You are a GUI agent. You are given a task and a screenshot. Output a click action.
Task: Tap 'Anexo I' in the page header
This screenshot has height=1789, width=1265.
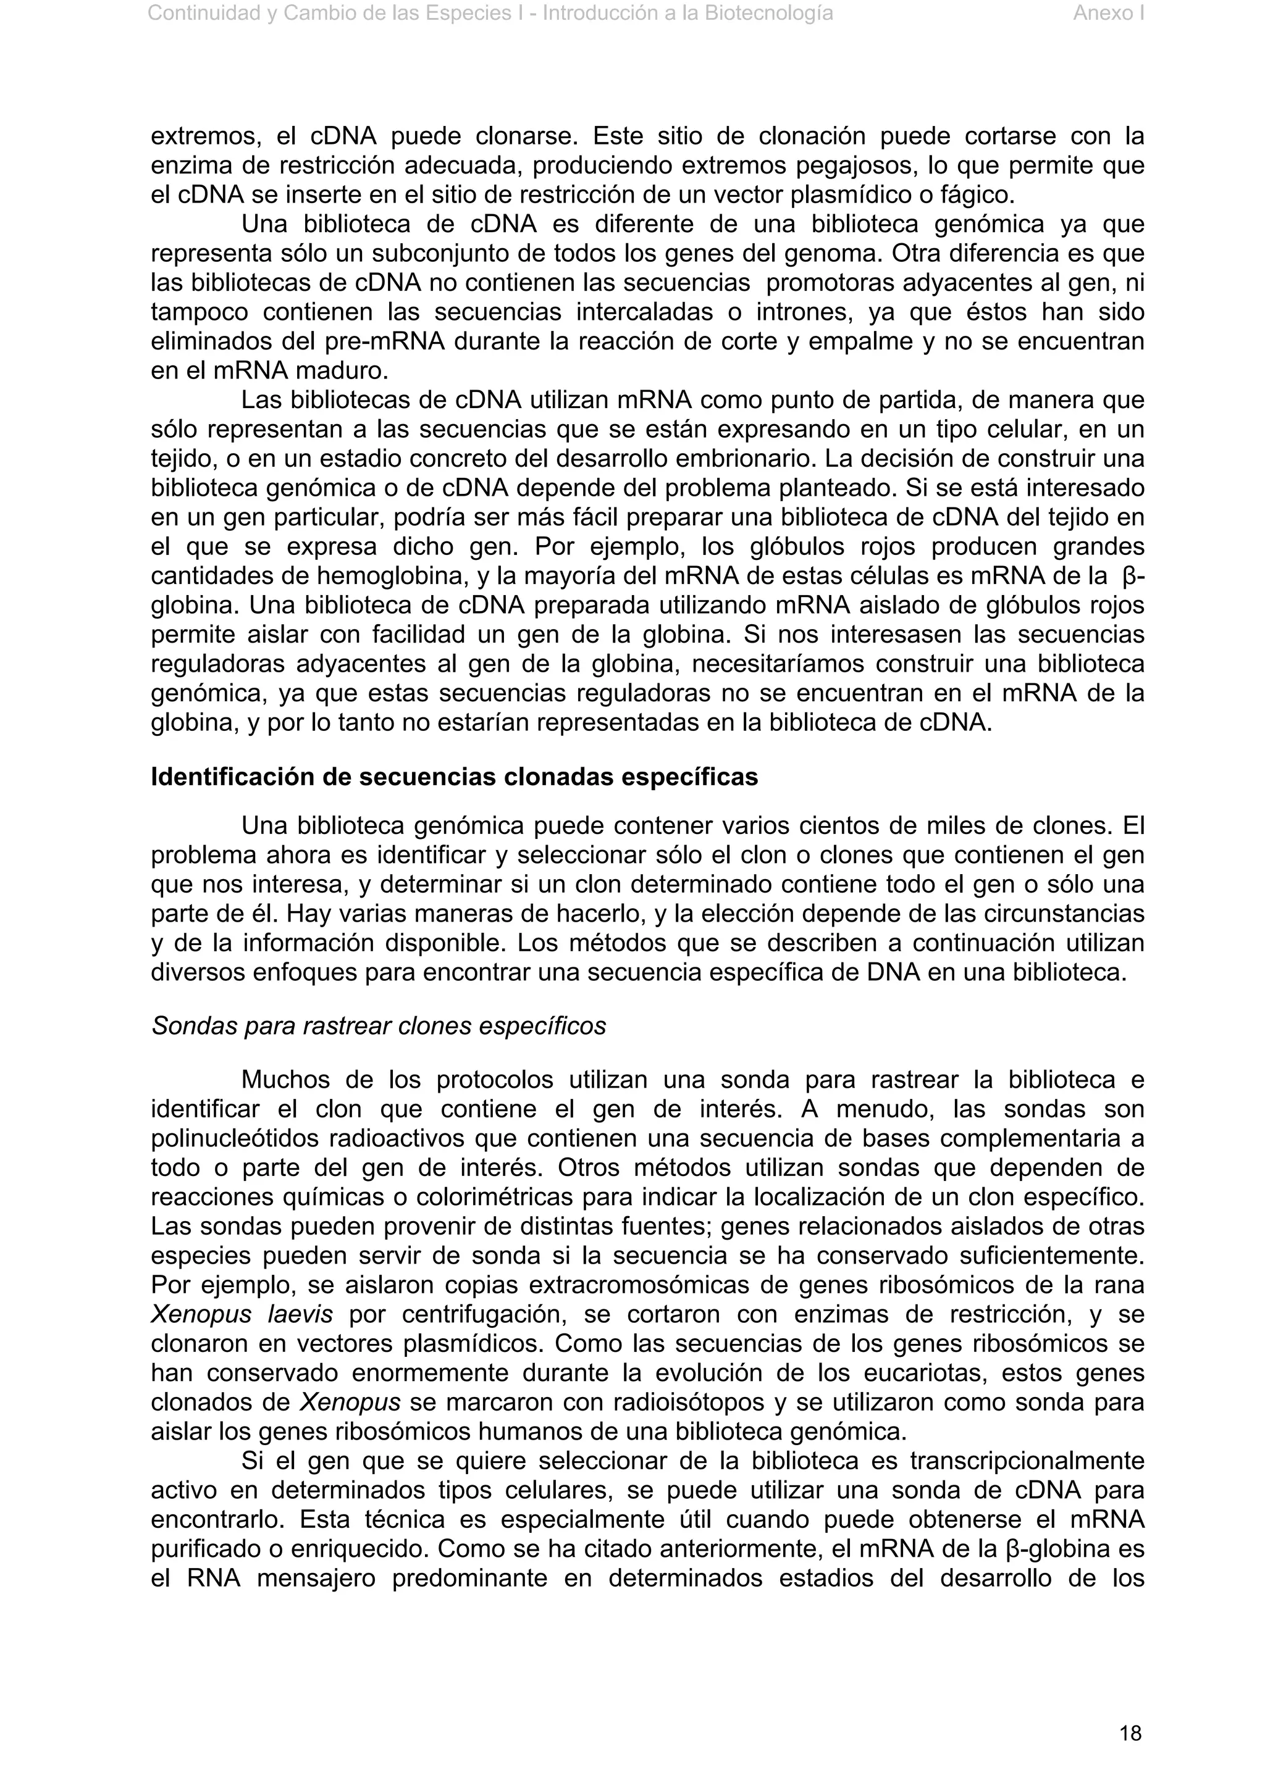point(1107,13)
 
